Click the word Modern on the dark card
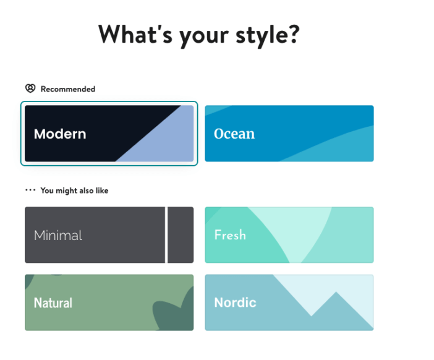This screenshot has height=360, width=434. point(60,134)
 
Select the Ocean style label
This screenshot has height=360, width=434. point(234,134)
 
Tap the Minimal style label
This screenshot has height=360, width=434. point(58,236)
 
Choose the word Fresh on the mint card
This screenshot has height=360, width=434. point(230,235)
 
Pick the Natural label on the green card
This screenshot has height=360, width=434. point(53,302)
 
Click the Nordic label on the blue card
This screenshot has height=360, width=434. point(236,302)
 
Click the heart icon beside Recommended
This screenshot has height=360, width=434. point(30,88)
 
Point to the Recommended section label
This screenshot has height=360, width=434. point(68,89)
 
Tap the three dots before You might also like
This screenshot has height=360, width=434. point(30,190)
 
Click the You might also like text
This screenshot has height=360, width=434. point(74,191)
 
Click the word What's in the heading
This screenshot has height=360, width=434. point(135,34)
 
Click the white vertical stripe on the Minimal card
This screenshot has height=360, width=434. point(166,235)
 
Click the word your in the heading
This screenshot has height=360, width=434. point(204,36)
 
